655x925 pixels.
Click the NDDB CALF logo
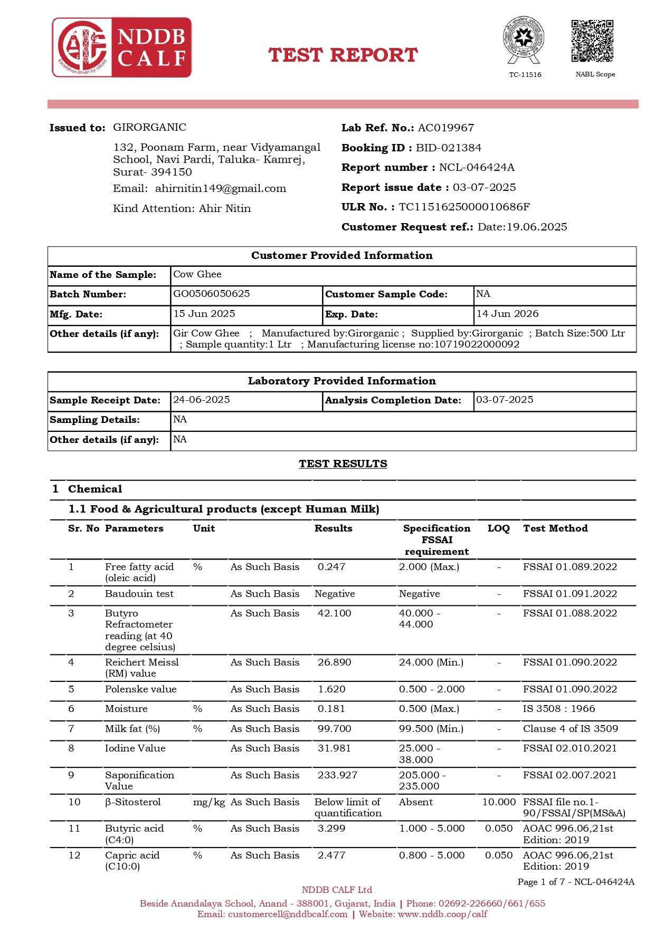point(122,47)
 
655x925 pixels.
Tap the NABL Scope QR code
point(592,41)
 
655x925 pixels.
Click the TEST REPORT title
point(343,55)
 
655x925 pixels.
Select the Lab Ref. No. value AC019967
point(446,128)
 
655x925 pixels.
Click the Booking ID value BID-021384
point(449,148)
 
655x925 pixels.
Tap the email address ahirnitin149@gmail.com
point(221,188)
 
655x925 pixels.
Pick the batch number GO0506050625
point(212,294)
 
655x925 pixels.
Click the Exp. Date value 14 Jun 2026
point(507,314)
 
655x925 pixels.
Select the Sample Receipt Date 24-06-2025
point(202,400)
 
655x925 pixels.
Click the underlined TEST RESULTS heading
point(343,464)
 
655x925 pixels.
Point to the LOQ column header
point(499,528)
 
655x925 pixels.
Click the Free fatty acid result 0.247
point(331,567)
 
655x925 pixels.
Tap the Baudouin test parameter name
point(139,594)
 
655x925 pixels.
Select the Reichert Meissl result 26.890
point(334,662)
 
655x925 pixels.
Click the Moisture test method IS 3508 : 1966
point(559,709)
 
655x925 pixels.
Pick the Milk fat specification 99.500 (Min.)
point(431,729)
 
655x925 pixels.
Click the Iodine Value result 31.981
point(334,748)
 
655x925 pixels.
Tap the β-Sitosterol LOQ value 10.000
point(499,802)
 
